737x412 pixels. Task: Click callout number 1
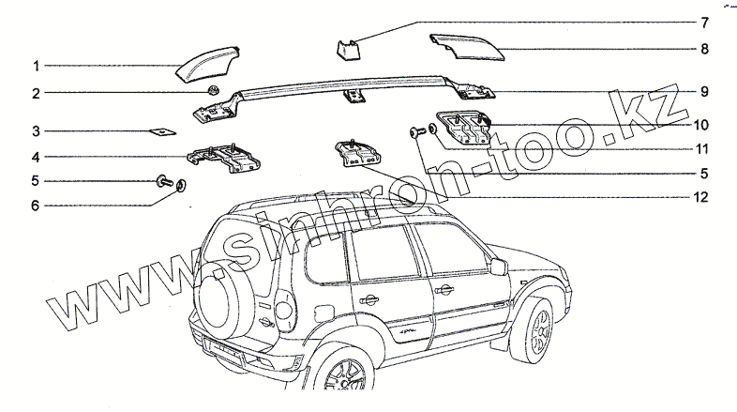36,67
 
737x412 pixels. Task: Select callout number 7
704,21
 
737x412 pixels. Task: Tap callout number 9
702,92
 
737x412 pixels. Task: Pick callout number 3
36,131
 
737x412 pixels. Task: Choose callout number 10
700,124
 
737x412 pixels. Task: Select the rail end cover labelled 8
465,47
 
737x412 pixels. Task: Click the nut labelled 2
214,92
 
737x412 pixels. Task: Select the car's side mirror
498,267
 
